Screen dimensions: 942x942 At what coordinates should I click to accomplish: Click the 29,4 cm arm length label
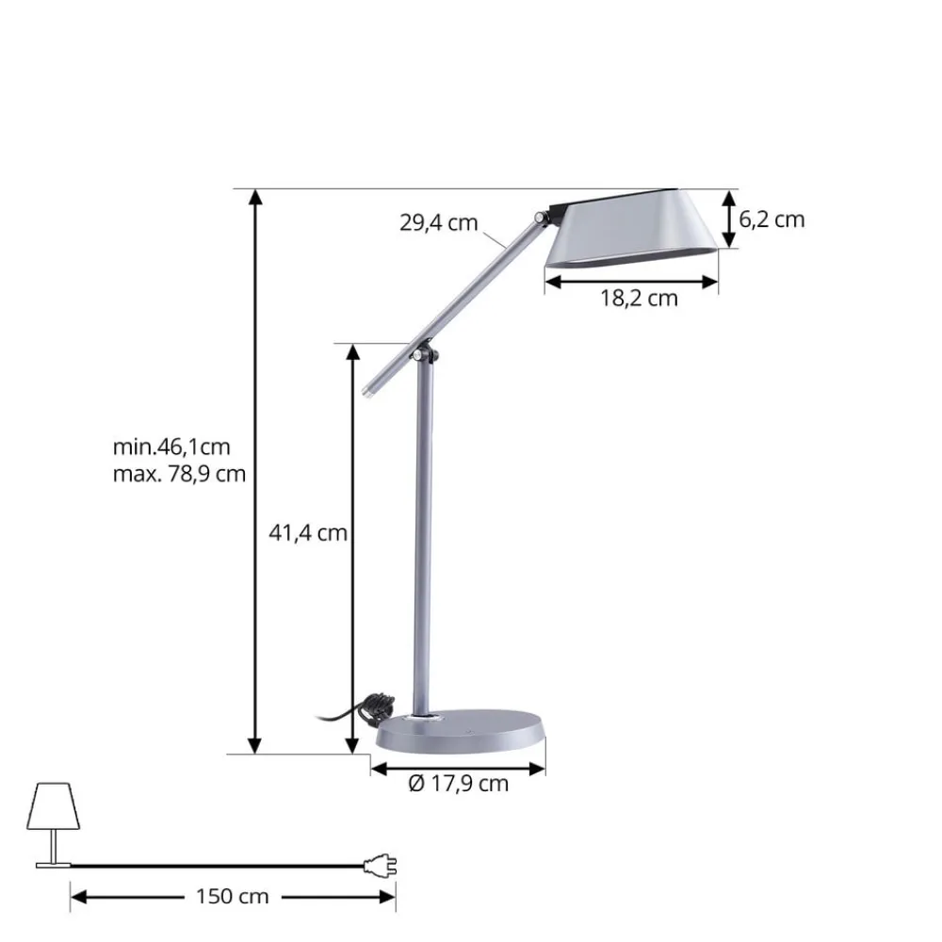coord(438,223)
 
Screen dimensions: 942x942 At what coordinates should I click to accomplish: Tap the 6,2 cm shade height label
coord(771,219)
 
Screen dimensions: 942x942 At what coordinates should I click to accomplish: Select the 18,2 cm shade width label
coord(639,299)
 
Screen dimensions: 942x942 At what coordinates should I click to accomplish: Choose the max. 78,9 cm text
coord(178,473)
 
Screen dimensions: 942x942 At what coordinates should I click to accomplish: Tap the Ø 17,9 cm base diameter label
coord(458,783)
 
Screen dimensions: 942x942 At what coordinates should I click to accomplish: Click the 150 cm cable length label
coord(233,896)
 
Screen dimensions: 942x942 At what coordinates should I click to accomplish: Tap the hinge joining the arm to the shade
coord(542,218)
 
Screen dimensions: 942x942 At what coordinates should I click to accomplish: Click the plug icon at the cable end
coord(382,866)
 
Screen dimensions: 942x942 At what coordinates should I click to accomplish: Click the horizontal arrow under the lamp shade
coord(632,280)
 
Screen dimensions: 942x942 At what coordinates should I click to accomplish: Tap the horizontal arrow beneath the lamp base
coord(458,769)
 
